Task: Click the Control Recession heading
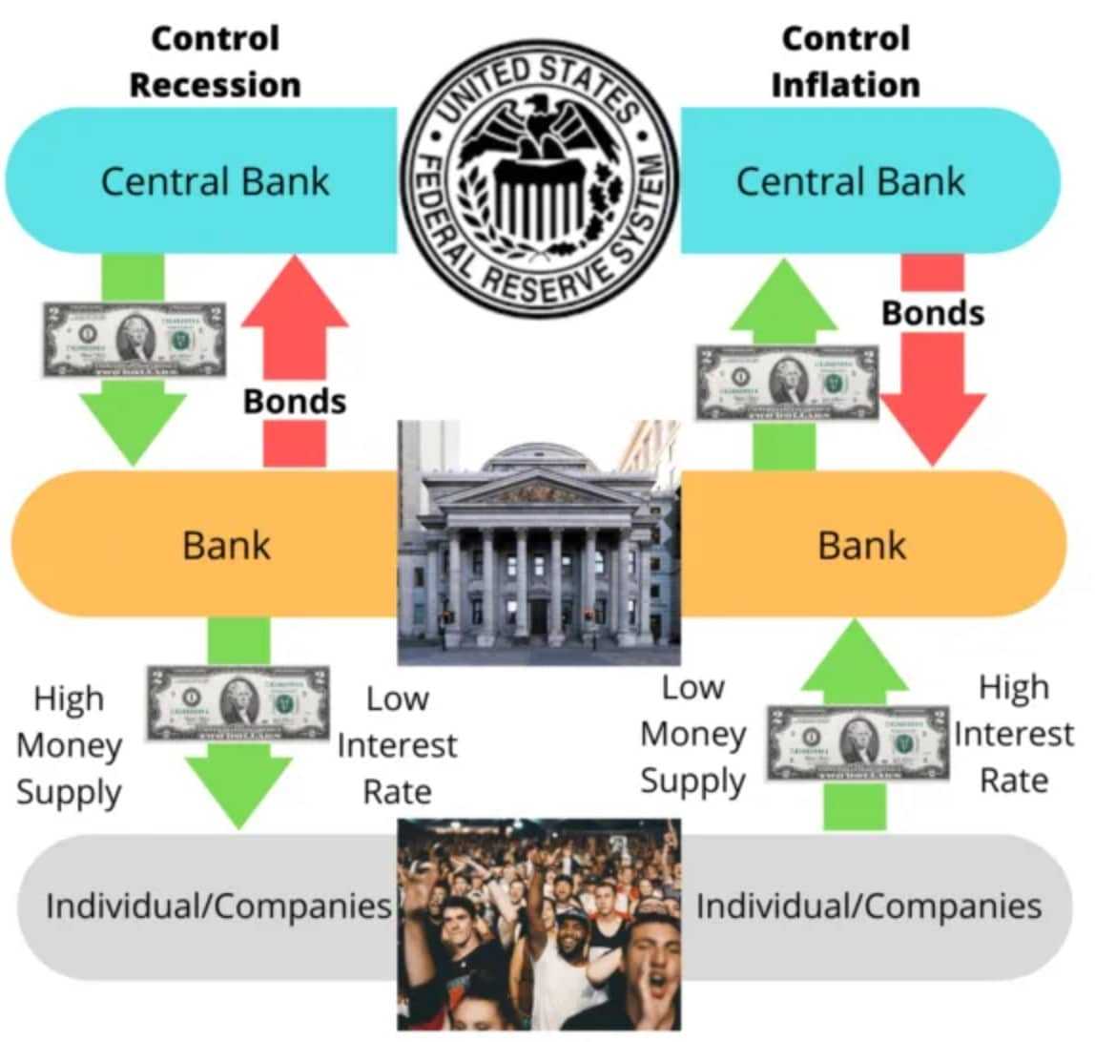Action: tap(215, 61)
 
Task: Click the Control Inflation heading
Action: tap(845, 61)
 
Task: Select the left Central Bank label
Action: tap(215, 181)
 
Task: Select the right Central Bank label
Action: tap(850, 181)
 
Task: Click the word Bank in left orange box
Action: tap(227, 545)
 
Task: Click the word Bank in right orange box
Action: tap(862, 545)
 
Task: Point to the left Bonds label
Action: tap(294, 401)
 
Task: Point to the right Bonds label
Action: tap(932, 312)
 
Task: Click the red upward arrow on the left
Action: tap(294, 315)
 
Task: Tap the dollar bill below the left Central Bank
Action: tap(134, 340)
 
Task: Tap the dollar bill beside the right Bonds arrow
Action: tap(788, 383)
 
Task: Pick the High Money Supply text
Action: tap(69, 745)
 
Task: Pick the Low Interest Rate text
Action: tap(397, 745)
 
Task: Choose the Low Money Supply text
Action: tap(692, 734)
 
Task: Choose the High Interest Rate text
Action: tap(1014, 734)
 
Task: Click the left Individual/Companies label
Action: tap(219, 906)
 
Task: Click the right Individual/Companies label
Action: tap(868, 906)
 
